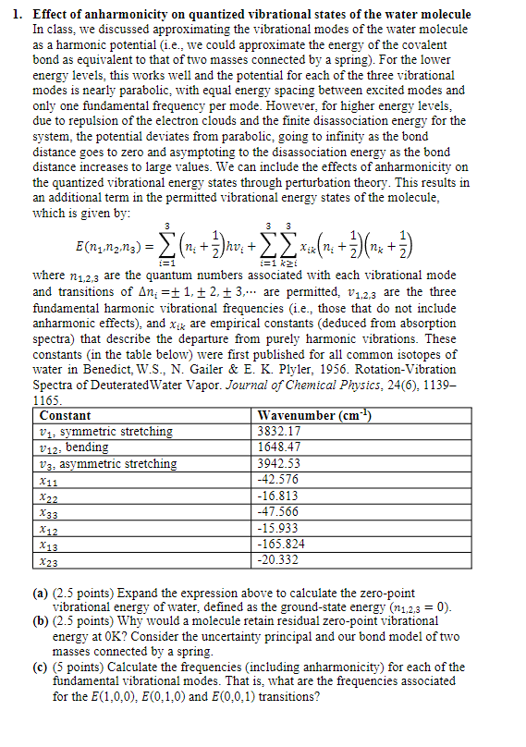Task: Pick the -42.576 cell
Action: click(x=281, y=480)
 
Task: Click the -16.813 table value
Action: click(x=281, y=496)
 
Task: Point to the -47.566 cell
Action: click(x=281, y=512)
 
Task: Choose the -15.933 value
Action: click(x=281, y=528)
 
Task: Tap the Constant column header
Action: click(x=67, y=415)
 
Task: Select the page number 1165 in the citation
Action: click(x=46, y=401)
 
